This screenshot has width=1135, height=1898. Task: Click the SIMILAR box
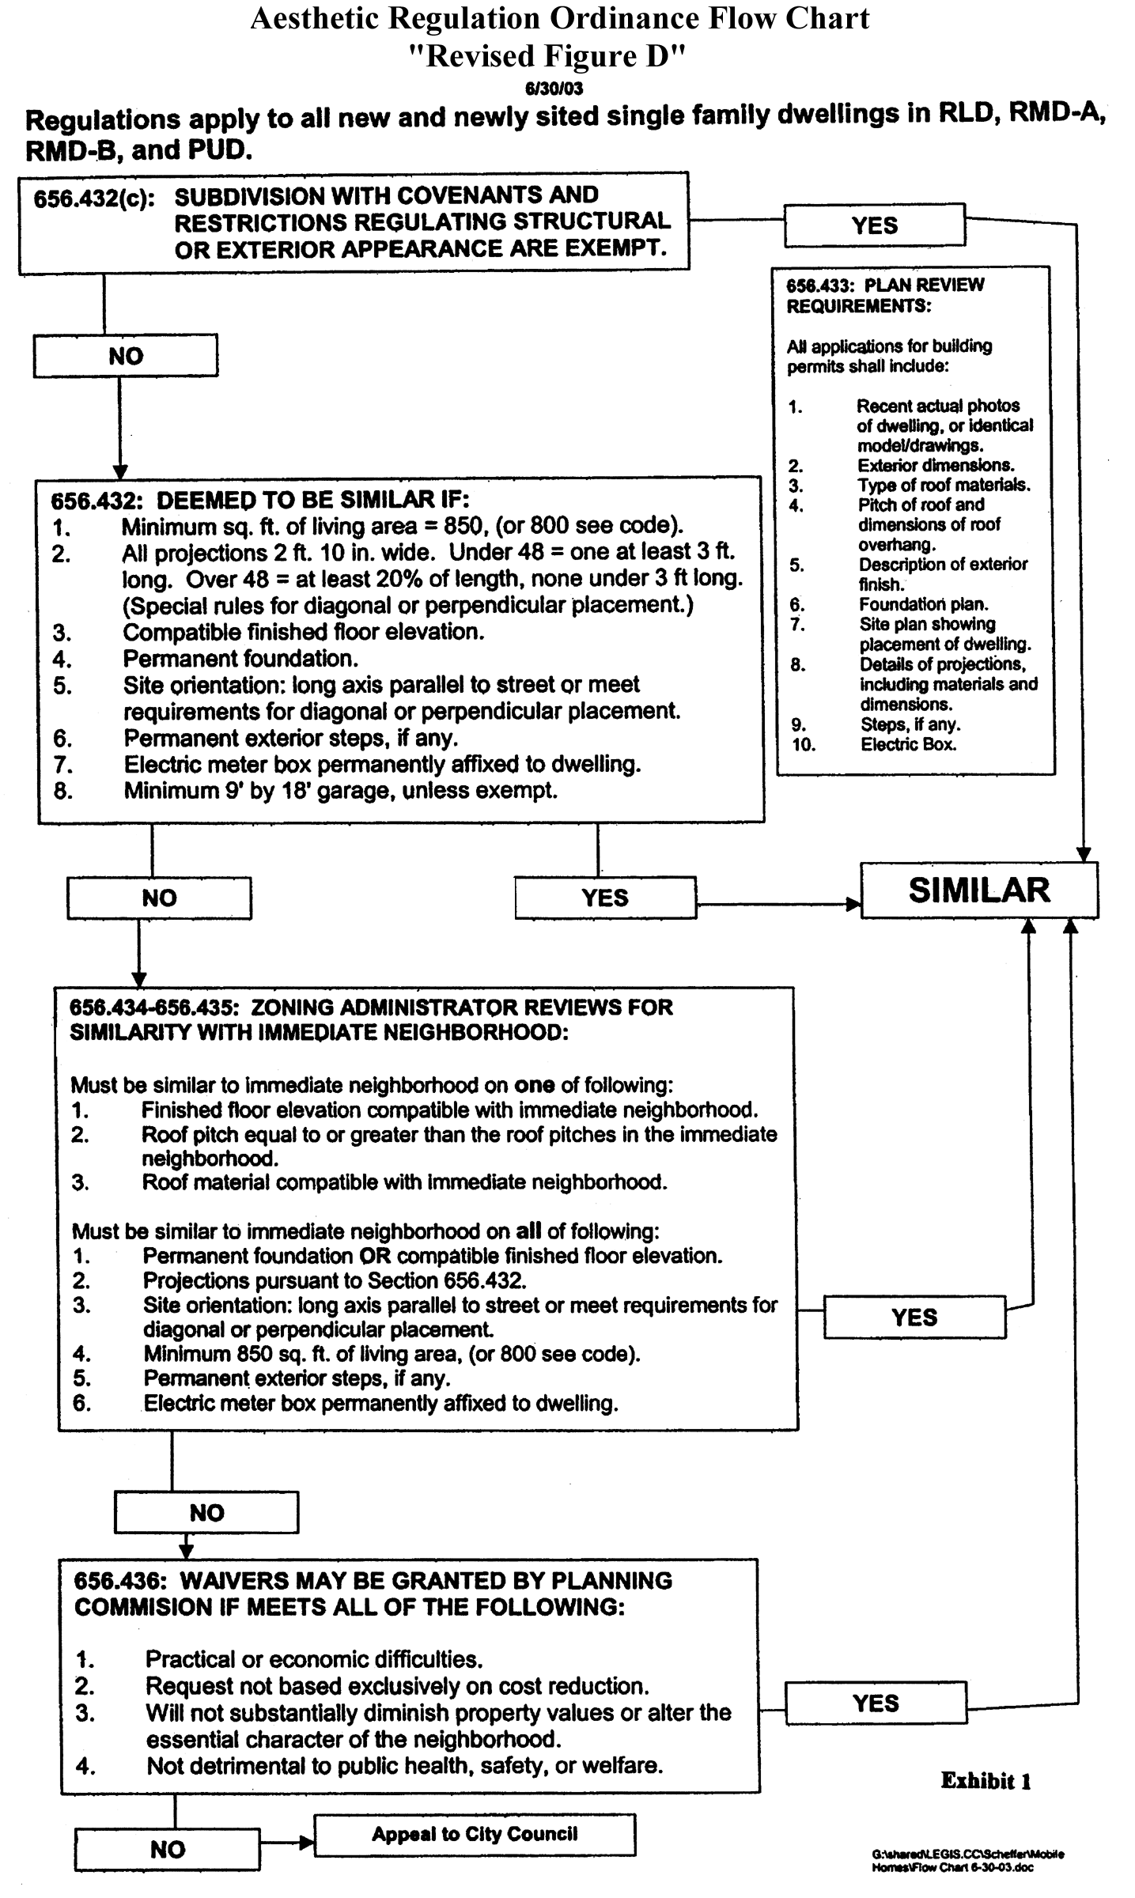coord(979,890)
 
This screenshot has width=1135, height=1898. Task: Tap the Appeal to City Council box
coord(475,1834)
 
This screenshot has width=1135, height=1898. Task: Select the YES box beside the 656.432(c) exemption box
coord(874,225)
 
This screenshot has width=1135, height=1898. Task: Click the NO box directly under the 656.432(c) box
coord(125,356)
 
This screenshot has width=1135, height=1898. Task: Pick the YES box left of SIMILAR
coord(605,898)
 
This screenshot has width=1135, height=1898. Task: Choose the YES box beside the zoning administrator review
coord(914,1317)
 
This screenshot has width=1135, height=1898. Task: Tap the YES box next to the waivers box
coord(876,1703)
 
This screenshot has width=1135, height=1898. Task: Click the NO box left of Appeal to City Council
coord(168,1849)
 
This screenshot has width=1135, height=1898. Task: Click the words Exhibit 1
coord(986,1781)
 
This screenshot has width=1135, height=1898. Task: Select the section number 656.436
coord(119,1581)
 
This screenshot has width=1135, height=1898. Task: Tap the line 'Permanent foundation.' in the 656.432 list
coord(240,659)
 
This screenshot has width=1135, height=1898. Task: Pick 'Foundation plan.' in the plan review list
coord(923,605)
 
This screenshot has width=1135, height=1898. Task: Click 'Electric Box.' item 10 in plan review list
coord(908,744)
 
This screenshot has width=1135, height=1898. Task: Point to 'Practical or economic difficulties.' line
coord(313,1658)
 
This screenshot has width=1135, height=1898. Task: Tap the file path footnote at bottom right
coord(968,1860)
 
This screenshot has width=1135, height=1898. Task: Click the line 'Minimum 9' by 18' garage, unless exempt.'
coord(340,791)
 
